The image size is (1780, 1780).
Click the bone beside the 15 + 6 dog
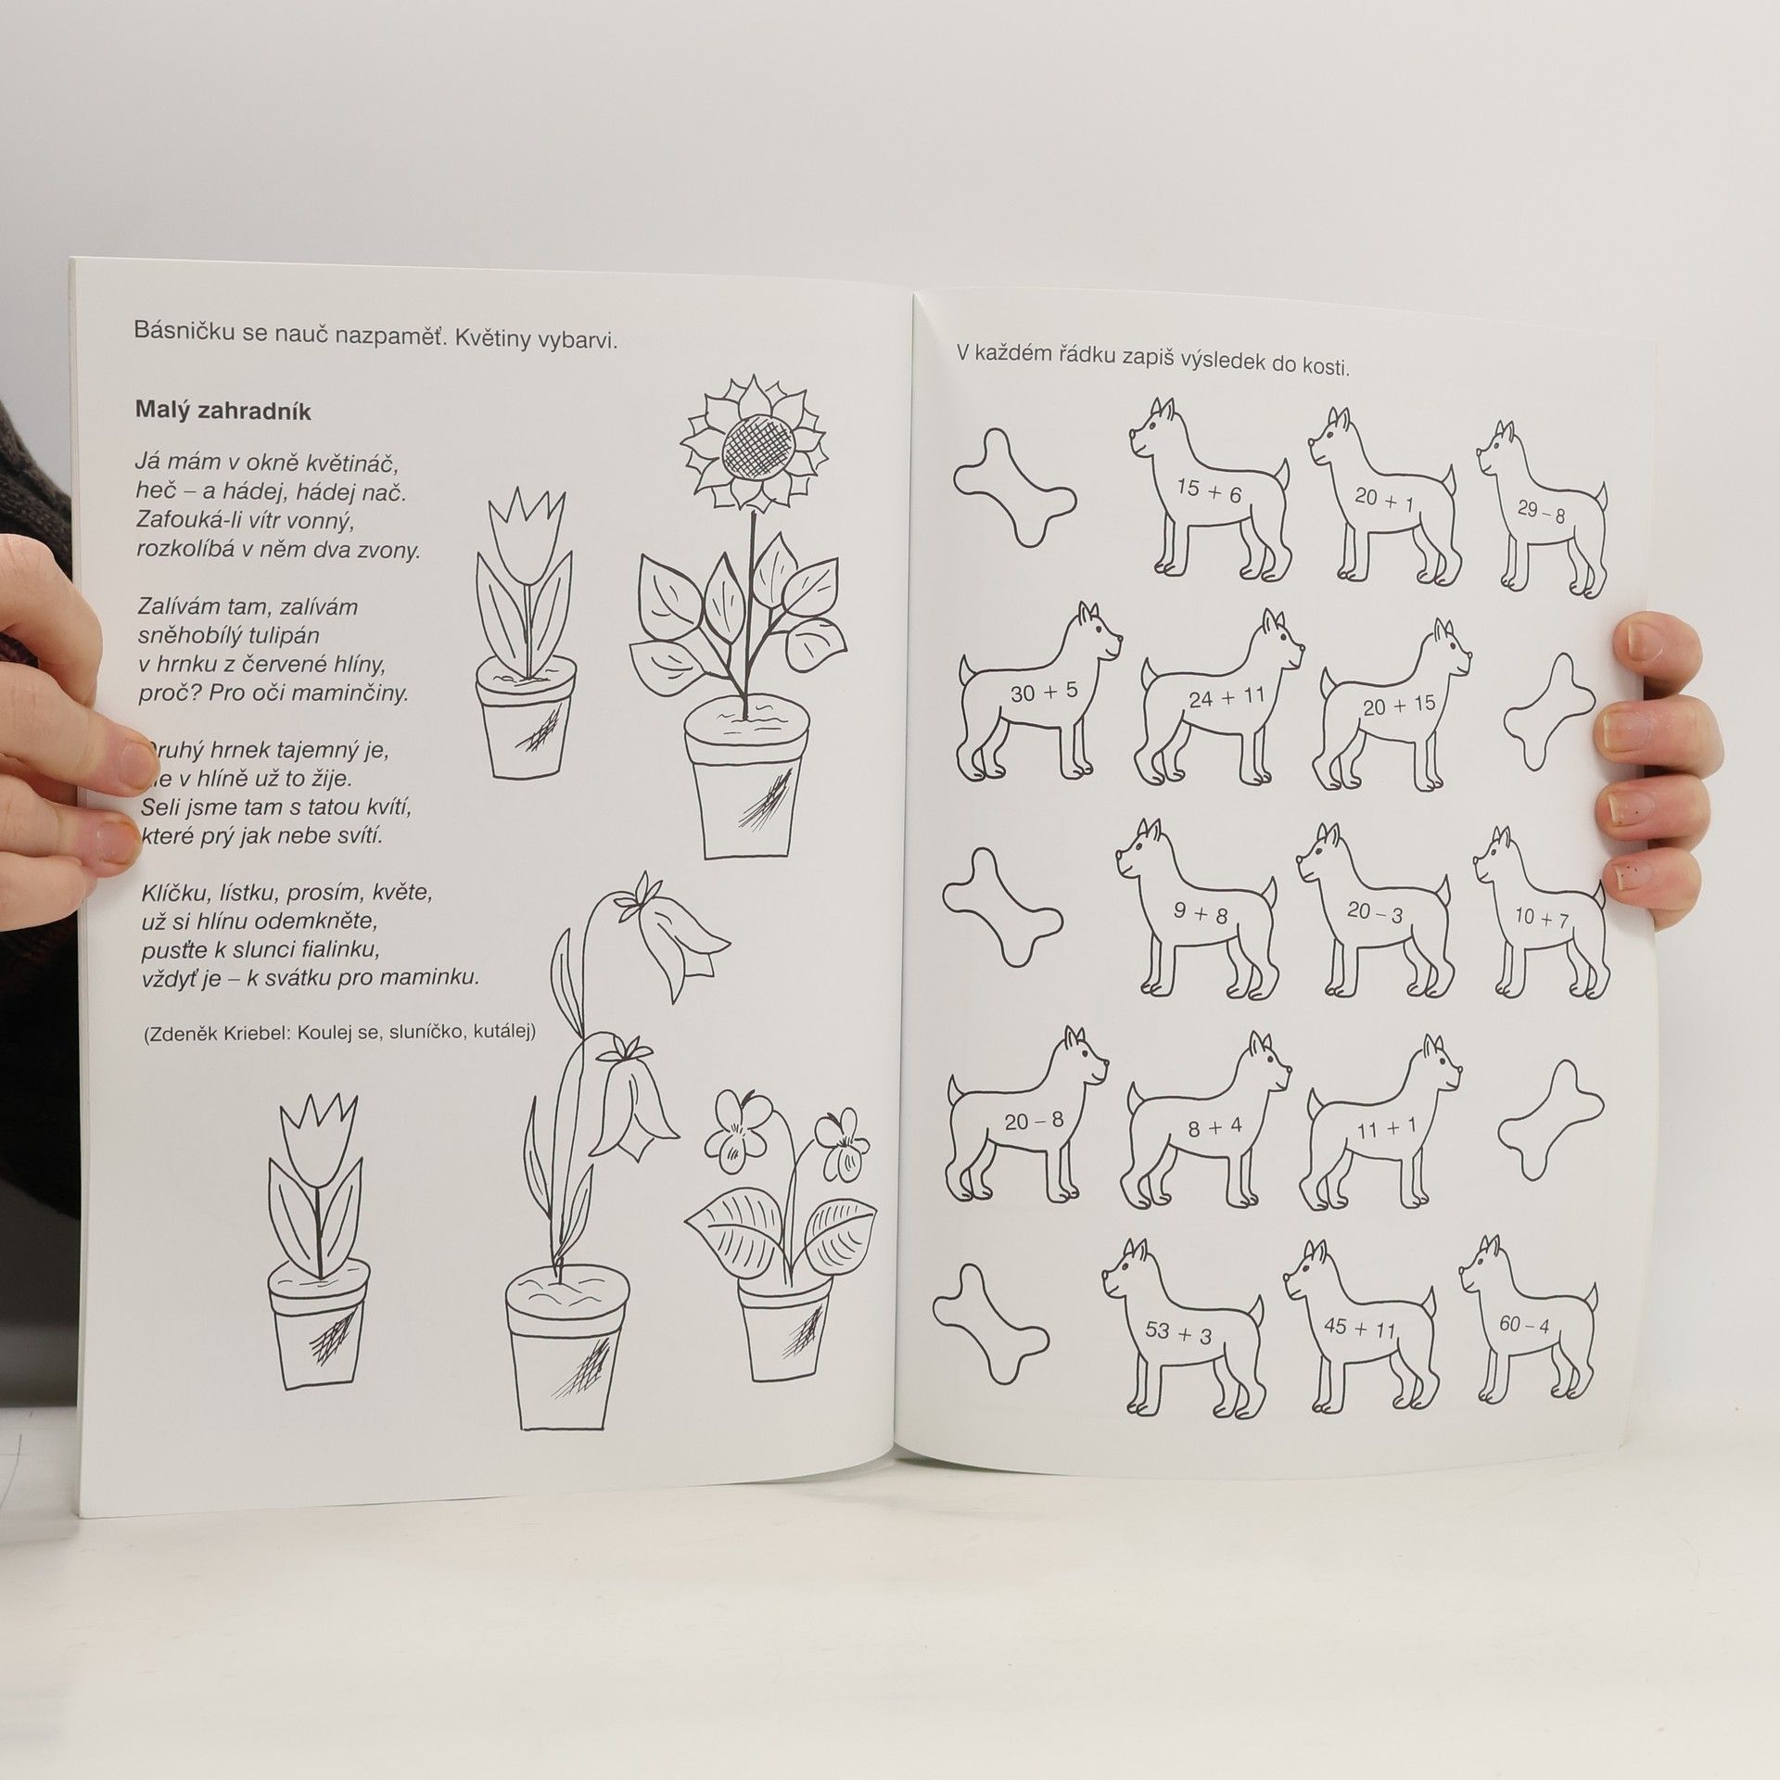(x=1015, y=487)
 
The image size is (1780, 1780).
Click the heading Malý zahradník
(x=222, y=411)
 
